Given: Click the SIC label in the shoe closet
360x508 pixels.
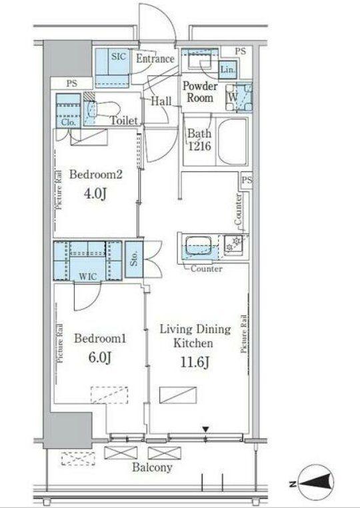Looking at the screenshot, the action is coord(118,56).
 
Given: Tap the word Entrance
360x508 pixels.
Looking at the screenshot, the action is coord(155,59).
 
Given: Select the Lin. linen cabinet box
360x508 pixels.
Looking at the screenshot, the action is coord(228,69).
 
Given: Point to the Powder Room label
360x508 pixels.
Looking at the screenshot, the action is coord(200,92).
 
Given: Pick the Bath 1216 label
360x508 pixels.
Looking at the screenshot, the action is coord(199,139).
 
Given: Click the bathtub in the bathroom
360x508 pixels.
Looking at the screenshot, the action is coord(233,141).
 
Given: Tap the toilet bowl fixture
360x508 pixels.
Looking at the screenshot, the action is coord(102,109).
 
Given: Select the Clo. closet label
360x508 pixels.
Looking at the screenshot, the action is coord(69,123).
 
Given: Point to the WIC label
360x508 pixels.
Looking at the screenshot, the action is coord(88,277).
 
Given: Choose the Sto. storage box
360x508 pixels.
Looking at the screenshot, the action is coord(134,259).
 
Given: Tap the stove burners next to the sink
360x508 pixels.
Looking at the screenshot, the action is coord(233,243).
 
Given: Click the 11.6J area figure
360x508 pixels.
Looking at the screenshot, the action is coord(195,362).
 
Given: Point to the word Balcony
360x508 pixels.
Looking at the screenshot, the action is coord(152,467).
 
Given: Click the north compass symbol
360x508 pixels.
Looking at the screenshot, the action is coord(316,485).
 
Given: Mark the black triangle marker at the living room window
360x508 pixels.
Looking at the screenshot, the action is coord(206,429).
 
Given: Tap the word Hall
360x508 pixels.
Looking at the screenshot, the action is coord(161,101).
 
